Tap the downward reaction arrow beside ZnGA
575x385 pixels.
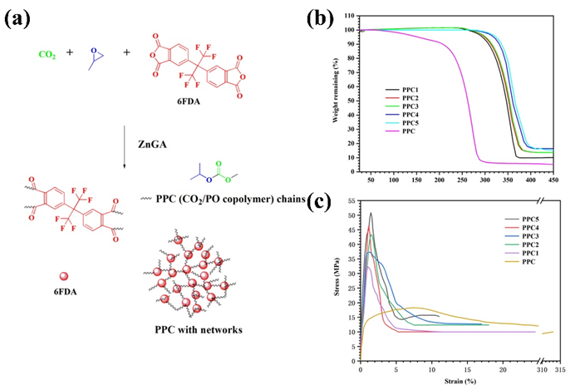pyautogui.click(x=123, y=145)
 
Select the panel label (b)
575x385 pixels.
pyautogui.click(x=322, y=16)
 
